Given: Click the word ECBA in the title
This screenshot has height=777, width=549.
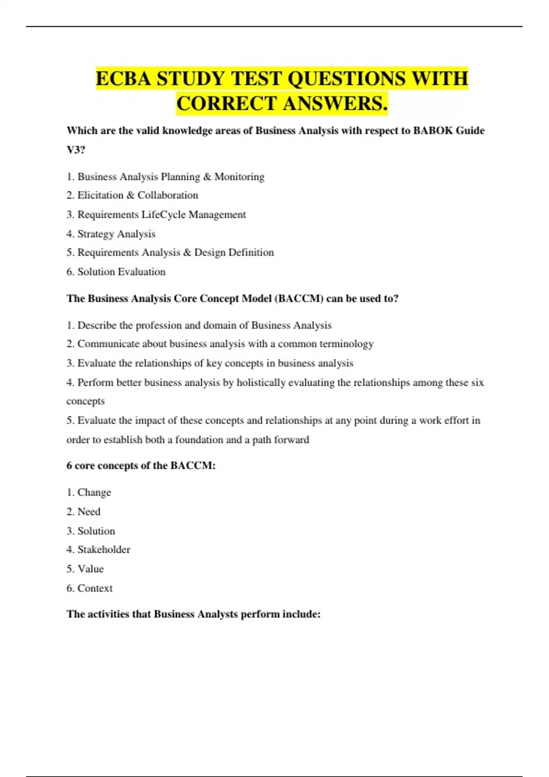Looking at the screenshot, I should click(x=123, y=79).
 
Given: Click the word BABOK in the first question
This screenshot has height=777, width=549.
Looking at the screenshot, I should click(x=433, y=131).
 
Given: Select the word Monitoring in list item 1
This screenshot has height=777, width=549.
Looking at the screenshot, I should click(x=239, y=177).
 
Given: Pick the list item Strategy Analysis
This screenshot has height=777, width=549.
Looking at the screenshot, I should click(x=116, y=234).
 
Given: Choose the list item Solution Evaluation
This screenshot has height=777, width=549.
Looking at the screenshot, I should click(x=121, y=272).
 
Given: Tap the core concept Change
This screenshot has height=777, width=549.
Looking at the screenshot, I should click(x=94, y=493).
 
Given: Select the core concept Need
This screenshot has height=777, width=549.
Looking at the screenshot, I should click(x=89, y=512).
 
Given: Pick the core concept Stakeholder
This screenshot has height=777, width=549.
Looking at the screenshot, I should click(x=104, y=550).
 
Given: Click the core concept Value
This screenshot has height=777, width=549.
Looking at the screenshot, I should click(x=91, y=569).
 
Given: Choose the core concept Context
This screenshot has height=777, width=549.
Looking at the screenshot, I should click(x=95, y=588).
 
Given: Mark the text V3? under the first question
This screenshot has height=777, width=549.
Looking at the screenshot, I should click(x=76, y=150).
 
